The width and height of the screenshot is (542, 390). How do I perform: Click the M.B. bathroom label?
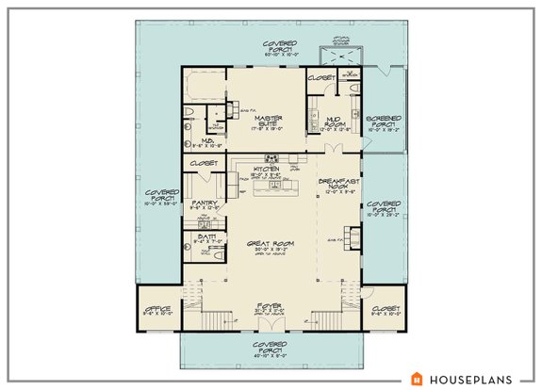203,143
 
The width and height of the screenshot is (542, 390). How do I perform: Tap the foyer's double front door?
271,327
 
